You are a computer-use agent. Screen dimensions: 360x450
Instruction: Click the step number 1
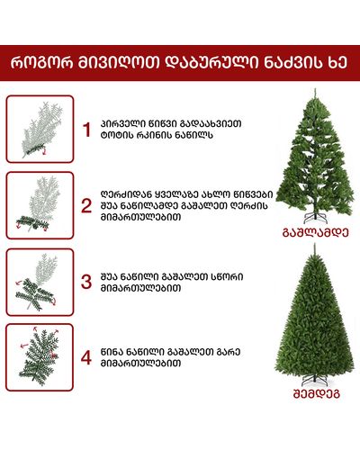coord(86,130)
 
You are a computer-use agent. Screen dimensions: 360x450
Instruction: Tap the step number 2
coord(86,206)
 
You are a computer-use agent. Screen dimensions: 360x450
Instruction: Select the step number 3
coord(86,282)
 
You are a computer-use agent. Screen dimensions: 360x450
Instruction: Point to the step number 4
coord(86,357)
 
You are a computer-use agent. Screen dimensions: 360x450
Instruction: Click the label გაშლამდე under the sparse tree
coord(316,232)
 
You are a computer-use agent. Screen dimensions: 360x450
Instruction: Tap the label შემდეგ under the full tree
coord(316,393)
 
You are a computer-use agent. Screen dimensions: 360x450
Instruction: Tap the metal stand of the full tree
coord(314,381)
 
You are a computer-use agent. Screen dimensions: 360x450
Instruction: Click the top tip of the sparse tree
coord(315,89)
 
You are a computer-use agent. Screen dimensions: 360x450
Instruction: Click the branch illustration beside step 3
coord(37,282)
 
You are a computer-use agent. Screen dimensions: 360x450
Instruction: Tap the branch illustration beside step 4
coord(39,356)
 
